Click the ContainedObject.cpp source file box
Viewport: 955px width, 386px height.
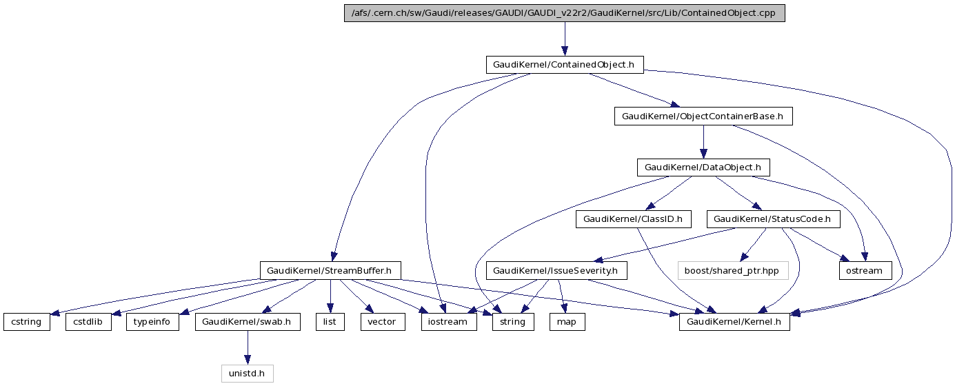pos(564,13)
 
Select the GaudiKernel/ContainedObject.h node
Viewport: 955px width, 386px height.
pos(564,65)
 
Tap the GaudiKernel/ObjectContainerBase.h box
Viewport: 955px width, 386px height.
pos(703,116)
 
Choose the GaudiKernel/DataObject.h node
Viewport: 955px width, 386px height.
pos(703,167)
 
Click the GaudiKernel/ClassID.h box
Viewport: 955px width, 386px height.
pos(632,219)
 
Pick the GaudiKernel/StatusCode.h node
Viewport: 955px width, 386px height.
pos(776,219)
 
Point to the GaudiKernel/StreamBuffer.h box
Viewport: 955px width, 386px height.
pos(330,270)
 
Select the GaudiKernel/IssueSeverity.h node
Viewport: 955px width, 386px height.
pos(556,270)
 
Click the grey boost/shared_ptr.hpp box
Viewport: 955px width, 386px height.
pos(732,270)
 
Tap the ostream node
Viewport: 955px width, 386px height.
pos(865,270)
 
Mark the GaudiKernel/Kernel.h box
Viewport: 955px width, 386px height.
pos(734,322)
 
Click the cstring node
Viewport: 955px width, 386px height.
pos(27,322)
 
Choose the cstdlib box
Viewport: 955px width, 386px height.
pos(88,322)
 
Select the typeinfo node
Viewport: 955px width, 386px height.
pos(152,322)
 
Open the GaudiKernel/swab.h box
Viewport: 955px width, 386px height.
pos(248,322)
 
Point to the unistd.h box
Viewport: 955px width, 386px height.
pos(248,374)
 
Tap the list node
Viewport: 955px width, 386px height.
pos(330,322)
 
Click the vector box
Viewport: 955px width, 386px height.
pos(382,322)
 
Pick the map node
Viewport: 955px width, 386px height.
pos(567,322)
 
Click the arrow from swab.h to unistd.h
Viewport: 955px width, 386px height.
pos(248,348)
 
